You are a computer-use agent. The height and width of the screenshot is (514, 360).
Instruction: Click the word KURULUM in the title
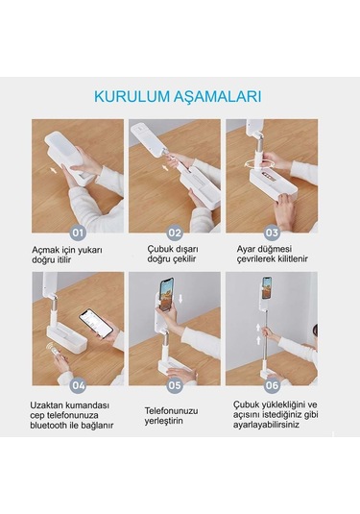pyautogui.click(x=131, y=96)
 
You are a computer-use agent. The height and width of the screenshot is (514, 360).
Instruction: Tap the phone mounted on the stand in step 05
pyautogui.click(x=165, y=290)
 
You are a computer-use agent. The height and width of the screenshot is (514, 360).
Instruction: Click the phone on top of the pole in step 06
pyautogui.click(x=266, y=287)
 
